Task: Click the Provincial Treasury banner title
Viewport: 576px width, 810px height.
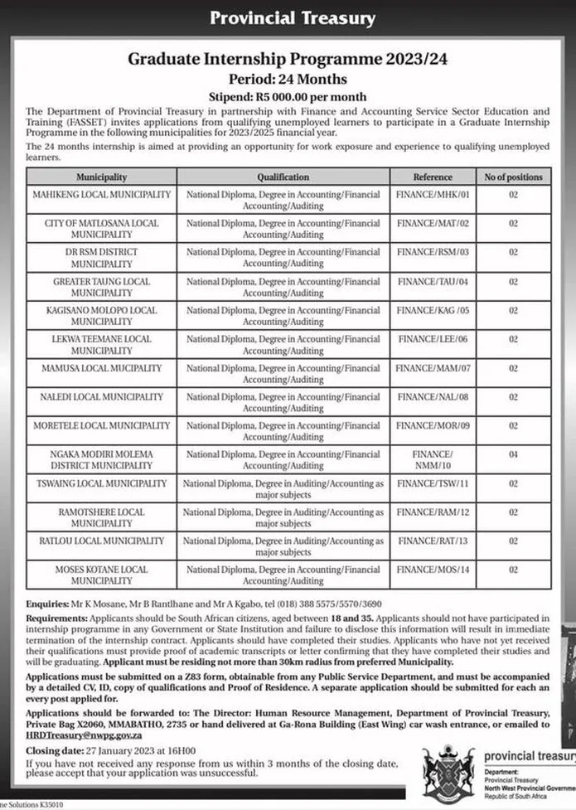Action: click(292, 17)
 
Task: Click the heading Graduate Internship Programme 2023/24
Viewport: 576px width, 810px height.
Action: click(287, 60)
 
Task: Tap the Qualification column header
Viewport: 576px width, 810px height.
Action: click(283, 177)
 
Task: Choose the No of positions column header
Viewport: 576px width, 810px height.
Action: click(513, 177)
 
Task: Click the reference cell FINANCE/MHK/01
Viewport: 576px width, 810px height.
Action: click(433, 195)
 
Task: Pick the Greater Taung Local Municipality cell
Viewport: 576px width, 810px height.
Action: click(101, 287)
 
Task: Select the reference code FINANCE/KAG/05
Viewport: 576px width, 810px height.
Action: click(433, 310)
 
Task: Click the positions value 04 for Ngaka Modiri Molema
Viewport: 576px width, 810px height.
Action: click(513, 454)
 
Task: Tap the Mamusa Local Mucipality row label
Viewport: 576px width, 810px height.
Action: click(101, 367)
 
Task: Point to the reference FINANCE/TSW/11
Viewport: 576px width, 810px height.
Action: click(433, 483)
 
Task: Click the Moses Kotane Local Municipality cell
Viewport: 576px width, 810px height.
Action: click(101, 575)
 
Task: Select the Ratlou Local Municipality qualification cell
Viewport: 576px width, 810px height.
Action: click(283, 546)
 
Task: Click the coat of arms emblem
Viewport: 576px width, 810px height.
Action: click(448, 772)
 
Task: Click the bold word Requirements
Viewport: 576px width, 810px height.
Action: click(55, 618)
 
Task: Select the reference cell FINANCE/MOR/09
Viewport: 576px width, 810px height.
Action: click(433, 425)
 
